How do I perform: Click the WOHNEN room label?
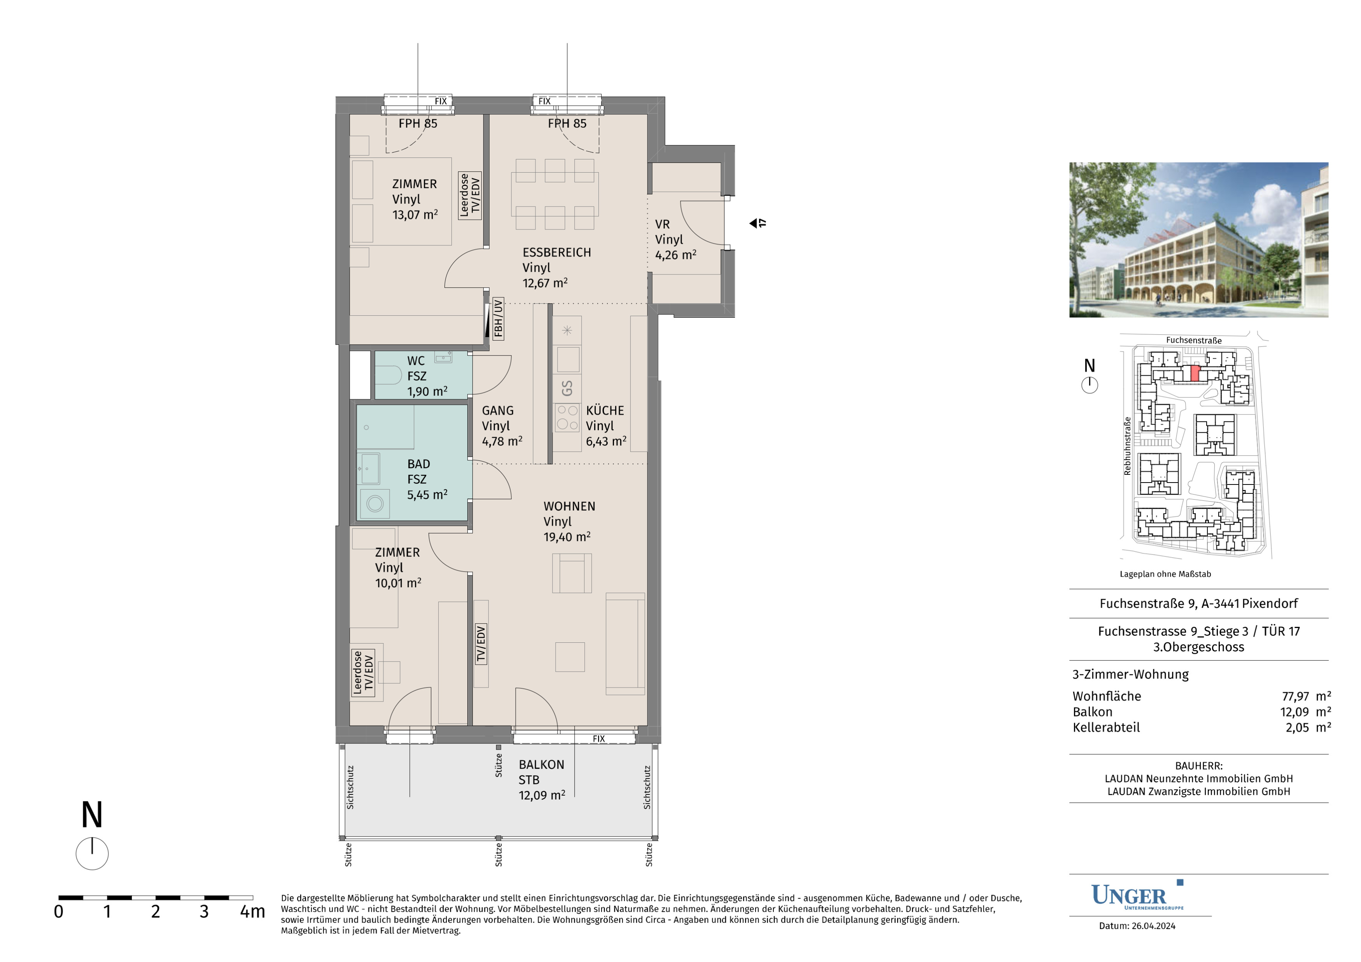[x=569, y=506]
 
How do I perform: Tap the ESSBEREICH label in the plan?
[x=556, y=252]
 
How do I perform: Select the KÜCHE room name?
[x=605, y=410]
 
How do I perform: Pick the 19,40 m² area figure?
[x=567, y=537]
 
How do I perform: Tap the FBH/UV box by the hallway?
[x=498, y=318]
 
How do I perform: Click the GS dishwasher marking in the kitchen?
[x=567, y=388]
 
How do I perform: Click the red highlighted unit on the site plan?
[x=1195, y=373]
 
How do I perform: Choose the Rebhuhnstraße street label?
[x=1127, y=446]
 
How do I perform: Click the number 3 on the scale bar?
[x=204, y=911]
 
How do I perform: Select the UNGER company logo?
[x=1137, y=896]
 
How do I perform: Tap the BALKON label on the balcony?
[x=541, y=764]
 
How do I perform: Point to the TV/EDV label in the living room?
[x=481, y=644]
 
